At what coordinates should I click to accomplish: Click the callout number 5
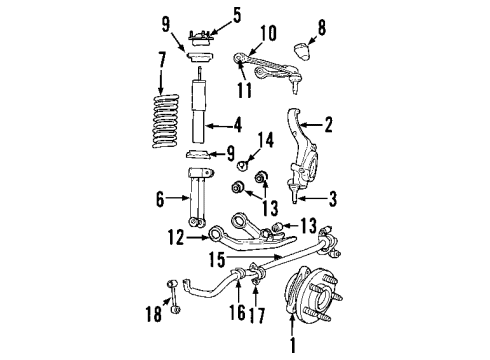(x=236, y=15)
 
